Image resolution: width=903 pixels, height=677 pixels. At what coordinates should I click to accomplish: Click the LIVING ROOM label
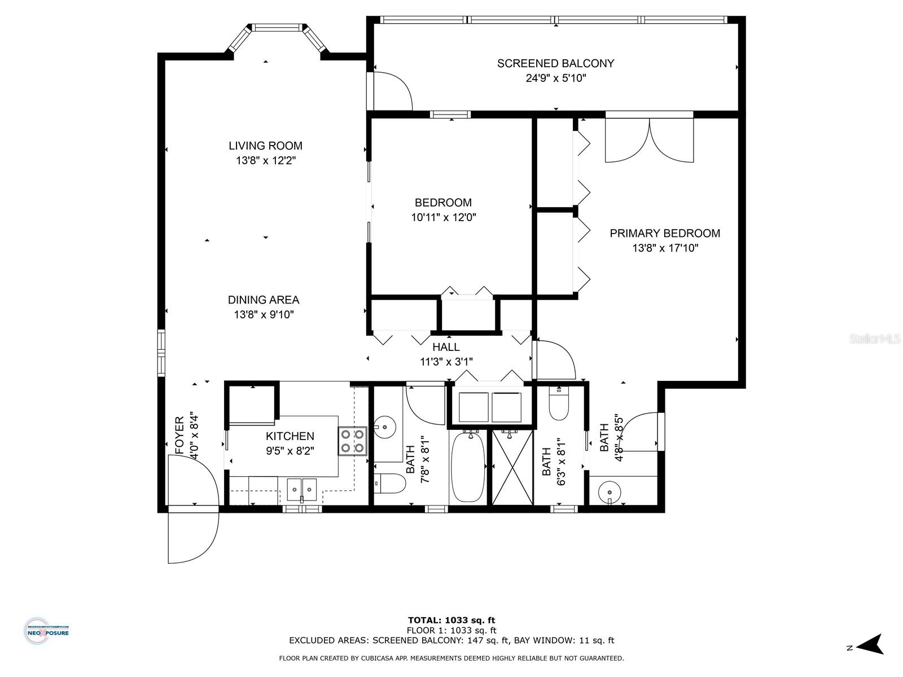265,146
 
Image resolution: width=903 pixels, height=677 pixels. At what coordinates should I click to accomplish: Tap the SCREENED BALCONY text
555,63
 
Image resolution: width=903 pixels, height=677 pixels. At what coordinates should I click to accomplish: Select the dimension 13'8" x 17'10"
665,248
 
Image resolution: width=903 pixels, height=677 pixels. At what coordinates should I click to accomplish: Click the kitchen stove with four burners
352,441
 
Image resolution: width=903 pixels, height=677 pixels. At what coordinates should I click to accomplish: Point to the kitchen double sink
302,489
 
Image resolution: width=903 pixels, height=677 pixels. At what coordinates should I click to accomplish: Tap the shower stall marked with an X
512,467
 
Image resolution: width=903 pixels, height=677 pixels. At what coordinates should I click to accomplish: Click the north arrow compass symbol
871,644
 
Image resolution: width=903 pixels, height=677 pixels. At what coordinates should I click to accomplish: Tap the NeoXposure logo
47,630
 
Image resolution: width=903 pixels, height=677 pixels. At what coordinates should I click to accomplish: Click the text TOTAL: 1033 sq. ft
451,620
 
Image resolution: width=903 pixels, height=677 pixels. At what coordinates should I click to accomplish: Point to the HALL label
446,347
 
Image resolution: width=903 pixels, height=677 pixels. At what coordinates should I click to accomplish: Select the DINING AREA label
264,300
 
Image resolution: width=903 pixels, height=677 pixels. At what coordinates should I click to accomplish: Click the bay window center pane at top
277,27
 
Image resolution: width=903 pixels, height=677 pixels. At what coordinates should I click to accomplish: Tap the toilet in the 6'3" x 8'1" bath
559,406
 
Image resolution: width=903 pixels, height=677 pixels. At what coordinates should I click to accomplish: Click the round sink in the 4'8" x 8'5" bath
610,491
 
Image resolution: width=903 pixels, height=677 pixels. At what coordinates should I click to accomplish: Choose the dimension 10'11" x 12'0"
443,217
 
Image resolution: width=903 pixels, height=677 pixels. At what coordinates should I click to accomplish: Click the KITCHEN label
290,436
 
